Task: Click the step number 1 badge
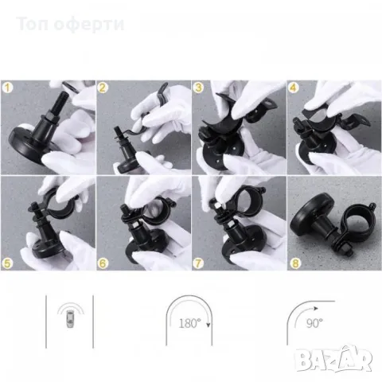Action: tap(8, 88)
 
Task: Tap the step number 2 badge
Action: tap(103, 88)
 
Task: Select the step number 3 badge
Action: tap(199, 88)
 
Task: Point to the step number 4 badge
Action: tap(294, 88)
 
